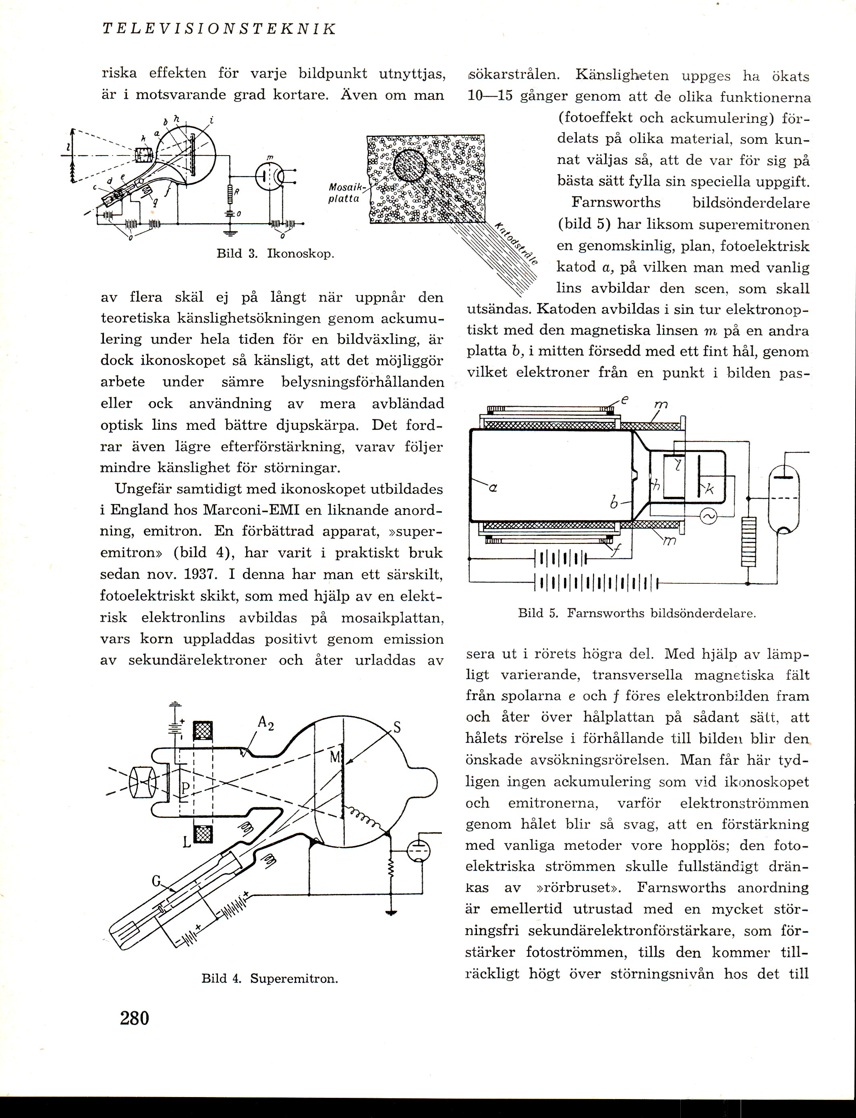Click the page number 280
[135, 1018]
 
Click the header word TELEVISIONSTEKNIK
[219, 29]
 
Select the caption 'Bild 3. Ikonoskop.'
[275, 253]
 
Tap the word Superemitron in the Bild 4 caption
[294, 978]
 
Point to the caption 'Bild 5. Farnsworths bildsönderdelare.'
[637, 613]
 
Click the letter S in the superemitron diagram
[398, 728]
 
